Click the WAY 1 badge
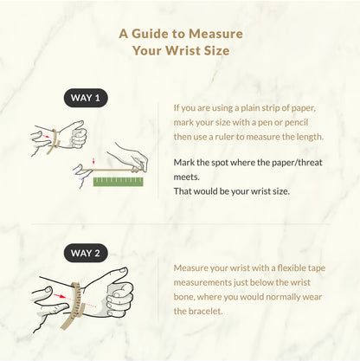[x=86, y=98]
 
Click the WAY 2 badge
[x=86, y=253]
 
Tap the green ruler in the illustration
[x=119, y=182]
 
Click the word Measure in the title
[x=215, y=34]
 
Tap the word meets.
[x=186, y=177]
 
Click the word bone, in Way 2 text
[x=184, y=297]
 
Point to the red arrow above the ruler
[x=93, y=161]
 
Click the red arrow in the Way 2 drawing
[x=60, y=296]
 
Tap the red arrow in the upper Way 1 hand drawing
[x=45, y=136]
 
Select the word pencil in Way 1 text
[x=297, y=123]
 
